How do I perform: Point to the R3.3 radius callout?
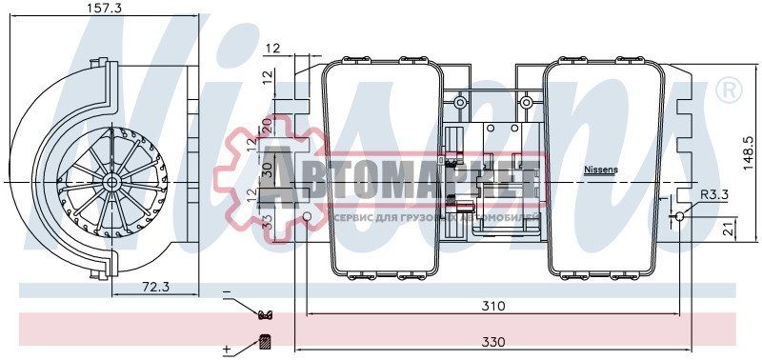(715, 195)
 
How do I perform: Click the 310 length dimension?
(492, 306)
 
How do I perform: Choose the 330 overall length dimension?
(492, 340)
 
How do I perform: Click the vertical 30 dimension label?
(267, 170)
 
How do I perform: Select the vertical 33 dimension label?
(267, 221)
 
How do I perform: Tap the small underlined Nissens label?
(600, 170)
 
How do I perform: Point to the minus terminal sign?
(227, 292)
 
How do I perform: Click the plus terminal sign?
(227, 350)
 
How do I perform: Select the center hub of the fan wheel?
(111, 180)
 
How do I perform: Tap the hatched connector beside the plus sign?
(266, 342)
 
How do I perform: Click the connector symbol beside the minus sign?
(266, 315)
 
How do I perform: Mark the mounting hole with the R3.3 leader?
(678, 217)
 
